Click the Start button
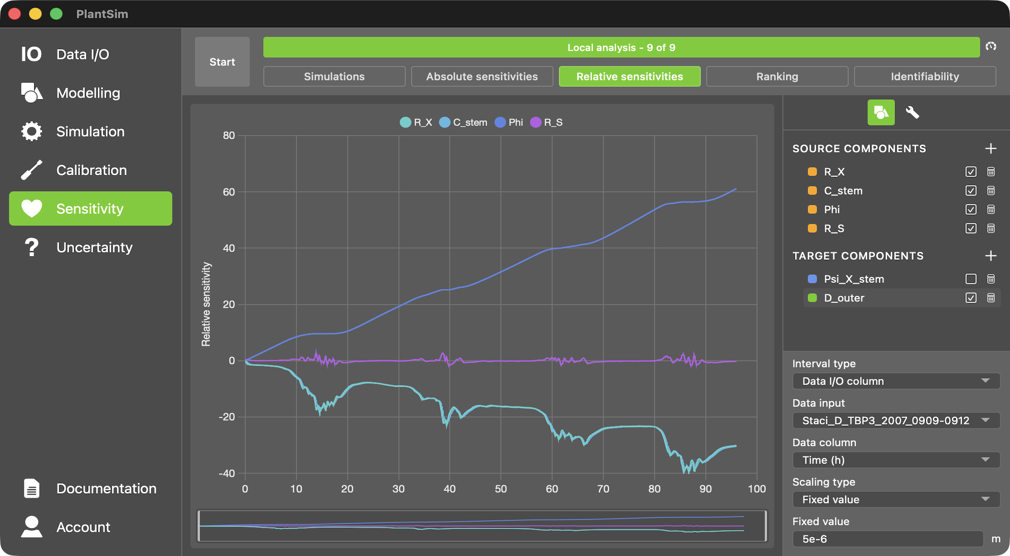coord(222,62)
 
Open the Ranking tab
coord(777,76)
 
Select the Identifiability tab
coord(925,76)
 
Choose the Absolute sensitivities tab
coord(482,76)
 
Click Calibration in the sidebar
coord(91,170)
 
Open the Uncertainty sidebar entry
coord(94,248)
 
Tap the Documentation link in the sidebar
coord(106,489)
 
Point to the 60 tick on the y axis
coord(229,192)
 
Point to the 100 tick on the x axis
coord(757,489)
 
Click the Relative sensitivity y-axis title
coord(206,304)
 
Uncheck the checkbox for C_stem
coord(970,191)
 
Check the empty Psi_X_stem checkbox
coord(970,279)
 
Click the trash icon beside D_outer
coord(991,298)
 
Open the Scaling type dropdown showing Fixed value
coord(895,500)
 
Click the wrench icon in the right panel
coord(912,112)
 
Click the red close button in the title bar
coord(15,14)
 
